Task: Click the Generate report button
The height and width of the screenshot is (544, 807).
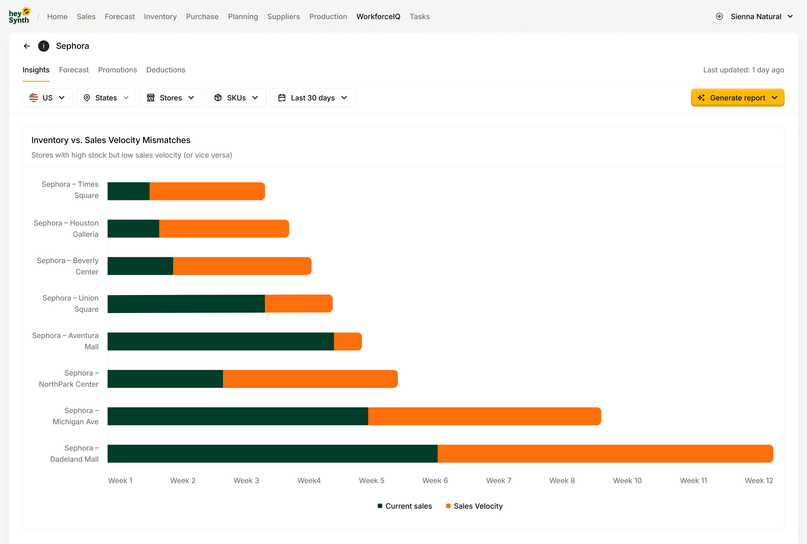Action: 737,98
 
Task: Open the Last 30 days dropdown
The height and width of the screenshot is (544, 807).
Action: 313,98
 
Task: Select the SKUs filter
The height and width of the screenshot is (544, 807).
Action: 236,98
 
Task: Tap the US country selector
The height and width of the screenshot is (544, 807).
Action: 47,98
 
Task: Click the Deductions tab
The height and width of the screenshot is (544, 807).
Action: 166,70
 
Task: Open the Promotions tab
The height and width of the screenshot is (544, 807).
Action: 117,70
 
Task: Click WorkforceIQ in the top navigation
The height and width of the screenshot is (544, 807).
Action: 378,17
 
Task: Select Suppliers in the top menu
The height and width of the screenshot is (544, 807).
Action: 283,17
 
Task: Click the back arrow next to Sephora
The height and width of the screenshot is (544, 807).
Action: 27,46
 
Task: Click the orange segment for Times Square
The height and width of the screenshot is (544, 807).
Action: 207,191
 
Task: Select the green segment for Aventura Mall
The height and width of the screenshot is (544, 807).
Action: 220,341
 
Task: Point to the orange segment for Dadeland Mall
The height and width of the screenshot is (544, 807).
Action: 605,453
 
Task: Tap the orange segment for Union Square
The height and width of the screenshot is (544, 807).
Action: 298,304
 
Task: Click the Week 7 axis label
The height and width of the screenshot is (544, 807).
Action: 498,480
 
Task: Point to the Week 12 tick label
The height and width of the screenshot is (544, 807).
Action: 758,480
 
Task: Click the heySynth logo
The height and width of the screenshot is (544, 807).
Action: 19,16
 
